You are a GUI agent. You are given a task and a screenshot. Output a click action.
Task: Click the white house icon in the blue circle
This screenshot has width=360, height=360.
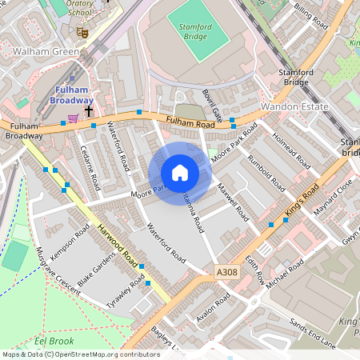[180, 173]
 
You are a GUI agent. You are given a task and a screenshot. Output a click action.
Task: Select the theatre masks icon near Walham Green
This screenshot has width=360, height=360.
[82, 32]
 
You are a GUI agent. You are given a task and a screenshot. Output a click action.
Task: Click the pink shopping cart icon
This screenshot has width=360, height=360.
[73, 118]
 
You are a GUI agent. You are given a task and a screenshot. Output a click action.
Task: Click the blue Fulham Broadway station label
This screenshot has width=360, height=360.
[72, 95]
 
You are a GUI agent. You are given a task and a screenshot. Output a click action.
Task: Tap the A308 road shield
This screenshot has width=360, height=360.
[227, 273]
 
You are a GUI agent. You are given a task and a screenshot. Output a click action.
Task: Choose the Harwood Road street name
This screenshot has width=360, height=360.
[118, 244]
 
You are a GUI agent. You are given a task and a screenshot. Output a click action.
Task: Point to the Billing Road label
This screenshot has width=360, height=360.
[311, 16]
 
